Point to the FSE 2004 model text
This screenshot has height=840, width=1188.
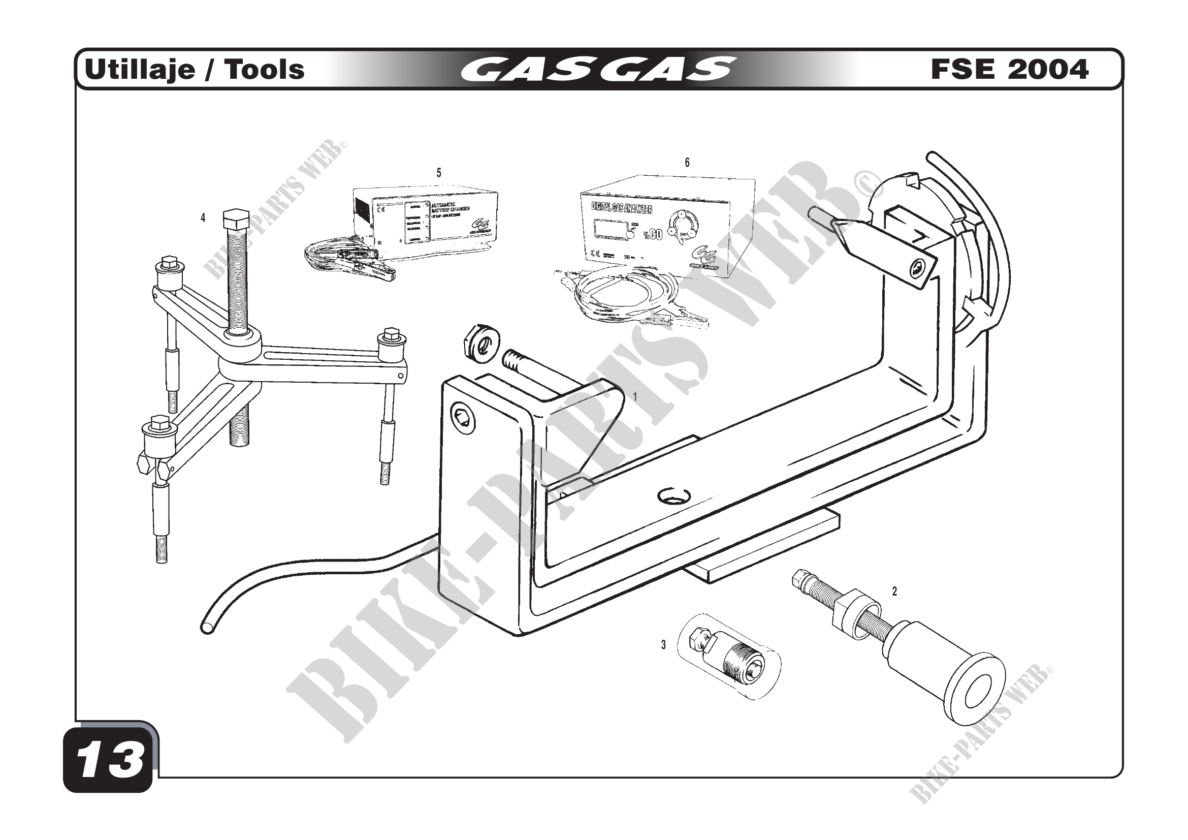pyautogui.click(x=1010, y=69)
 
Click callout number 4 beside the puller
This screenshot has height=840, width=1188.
pyautogui.click(x=203, y=219)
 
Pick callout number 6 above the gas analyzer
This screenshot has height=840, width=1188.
pyautogui.click(x=687, y=163)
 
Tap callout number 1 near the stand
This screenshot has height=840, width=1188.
pyautogui.click(x=635, y=396)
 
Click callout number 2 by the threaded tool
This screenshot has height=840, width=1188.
pyautogui.click(x=894, y=592)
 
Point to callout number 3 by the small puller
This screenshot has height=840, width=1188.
pyautogui.click(x=663, y=645)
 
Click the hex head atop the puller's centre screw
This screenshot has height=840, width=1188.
pyautogui.click(x=236, y=221)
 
